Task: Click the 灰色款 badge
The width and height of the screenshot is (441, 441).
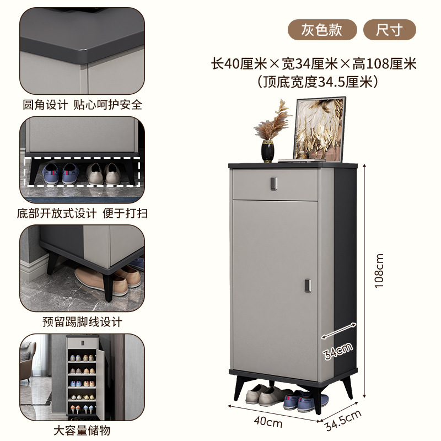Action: tap(321, 29)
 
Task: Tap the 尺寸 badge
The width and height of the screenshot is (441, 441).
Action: tap(389, 29)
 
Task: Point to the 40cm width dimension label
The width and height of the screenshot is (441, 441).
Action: tap(269, 423)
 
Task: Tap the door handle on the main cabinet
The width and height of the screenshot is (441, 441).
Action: tap(308, 285)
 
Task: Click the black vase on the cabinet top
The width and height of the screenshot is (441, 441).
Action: tap(268, 151)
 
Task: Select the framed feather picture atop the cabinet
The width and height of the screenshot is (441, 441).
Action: tap(320, 128)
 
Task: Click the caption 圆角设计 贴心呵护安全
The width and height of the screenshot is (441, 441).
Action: tap(82, 104)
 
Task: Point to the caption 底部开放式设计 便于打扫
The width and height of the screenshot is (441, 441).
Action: tap(82, 213)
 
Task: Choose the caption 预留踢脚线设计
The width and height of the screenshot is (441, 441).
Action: tap(82, 321)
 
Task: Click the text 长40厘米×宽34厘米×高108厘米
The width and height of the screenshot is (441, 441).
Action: tap(314, 64)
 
